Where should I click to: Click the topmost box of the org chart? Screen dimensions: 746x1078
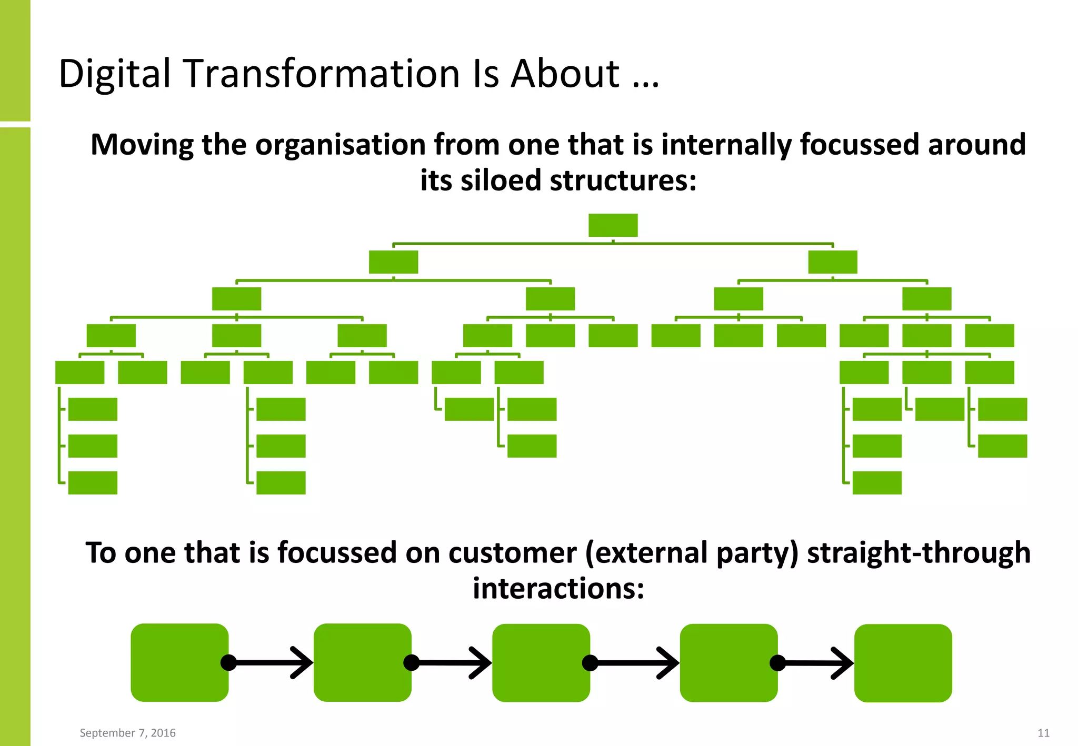pyautogui.click(x=613, y=225)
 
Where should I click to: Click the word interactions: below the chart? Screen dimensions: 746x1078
pyautogui.click(x=558, y=589)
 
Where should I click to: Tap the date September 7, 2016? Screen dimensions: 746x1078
pyautogui.click(x=127, y=733)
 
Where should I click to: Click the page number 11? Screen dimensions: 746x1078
pyautogui.click(x=1043, y=733)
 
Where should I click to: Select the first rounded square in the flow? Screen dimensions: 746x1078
pyautogui.click(x=179, y=662)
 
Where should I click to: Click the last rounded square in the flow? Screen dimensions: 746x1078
pyautogui.click(x=903, y=663)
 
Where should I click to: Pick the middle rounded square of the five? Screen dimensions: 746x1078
pyautogui.click(x=541, y=663)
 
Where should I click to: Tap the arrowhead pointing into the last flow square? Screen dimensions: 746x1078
pyautogui.click(x=844, y=663)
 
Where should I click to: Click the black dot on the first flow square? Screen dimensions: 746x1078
pyautogui.click(x=228, y=662)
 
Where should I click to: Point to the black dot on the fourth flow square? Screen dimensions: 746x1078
pyautogui.click(x=777, y=663)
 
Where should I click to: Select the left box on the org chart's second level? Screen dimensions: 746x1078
pyautogui.click(x=393, y=262)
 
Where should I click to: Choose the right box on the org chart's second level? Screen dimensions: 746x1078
pyautogui.click(x=832, y=262)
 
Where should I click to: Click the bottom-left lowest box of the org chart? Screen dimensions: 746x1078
pyautogui.click(x=93, y=482)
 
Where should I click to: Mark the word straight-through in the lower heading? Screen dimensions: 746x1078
pyautogui.click(x=919, y=553)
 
